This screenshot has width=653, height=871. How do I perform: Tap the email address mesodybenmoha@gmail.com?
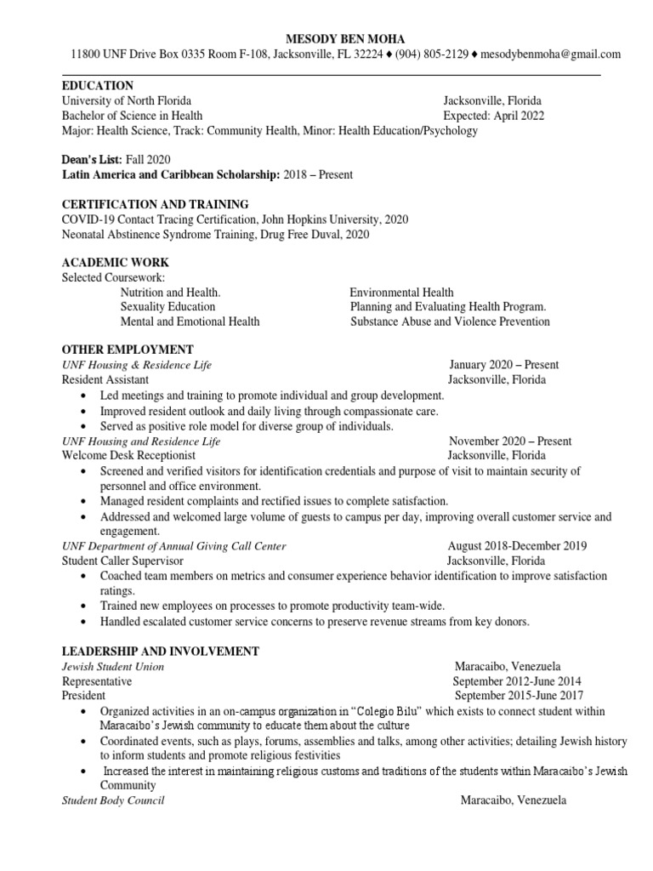click(x=550, y=54)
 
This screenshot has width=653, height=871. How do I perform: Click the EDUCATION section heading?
click(x=98, y=86)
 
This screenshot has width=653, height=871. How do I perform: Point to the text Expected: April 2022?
click(x=493, y=116)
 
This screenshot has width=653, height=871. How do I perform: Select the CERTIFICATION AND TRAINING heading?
click(x=156, y=204)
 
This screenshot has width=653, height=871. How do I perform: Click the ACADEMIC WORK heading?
click(x=116, y=262)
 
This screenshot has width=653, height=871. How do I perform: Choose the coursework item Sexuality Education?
click(x=168, y=306)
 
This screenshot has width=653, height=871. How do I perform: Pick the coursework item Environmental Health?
click(x=402, y=292)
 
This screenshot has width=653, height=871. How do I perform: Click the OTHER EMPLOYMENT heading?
click(x=128, y=350)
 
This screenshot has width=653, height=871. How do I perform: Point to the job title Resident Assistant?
click(x=105, y=379)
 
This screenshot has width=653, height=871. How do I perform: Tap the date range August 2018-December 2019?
click(x=517, y=546)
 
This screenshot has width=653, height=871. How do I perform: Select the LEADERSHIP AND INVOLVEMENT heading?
click(x=161, y=651)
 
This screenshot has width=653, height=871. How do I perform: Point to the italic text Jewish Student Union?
click(x=113, y=667)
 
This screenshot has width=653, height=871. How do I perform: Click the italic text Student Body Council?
click(x=113, y=800)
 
